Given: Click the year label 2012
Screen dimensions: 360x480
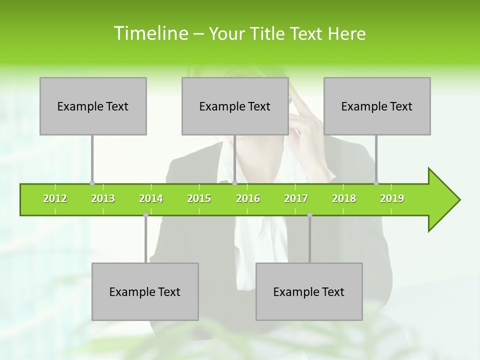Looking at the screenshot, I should [x=55, y=198].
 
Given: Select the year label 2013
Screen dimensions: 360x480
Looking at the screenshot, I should [x=103, y=198].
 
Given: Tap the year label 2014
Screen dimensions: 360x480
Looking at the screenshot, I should [x=151, y=198].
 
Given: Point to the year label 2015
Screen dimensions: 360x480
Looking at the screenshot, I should [x=199, y=198].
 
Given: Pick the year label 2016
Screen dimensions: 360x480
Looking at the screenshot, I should [x=248, y=198].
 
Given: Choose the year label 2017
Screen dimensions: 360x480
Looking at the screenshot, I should [x=296, y=198].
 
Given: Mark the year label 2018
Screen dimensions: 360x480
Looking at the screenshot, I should [x=344, y=198].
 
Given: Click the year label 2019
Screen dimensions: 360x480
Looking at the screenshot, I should [x=392, y=198].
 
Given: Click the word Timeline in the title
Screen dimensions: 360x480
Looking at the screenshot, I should [x=150, y=33].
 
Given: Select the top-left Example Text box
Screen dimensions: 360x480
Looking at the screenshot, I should [x=93, y=106].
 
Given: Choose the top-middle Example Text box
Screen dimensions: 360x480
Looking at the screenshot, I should [x=235, y=106].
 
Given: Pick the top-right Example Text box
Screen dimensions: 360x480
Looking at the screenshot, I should [x=377, y=106].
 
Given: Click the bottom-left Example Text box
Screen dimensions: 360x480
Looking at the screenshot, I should [x=145, y=291].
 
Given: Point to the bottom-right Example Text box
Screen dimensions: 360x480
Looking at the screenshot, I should [x=309, y=291].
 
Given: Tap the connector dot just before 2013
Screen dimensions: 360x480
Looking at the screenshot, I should [x=92, y=183].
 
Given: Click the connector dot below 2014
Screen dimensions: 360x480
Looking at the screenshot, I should [x=145, y=215].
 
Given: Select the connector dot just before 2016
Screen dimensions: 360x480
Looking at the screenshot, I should [x=234, y=183].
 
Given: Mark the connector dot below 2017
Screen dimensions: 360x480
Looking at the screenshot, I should [x=309, y=215].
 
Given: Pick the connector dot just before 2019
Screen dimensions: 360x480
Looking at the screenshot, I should [x=376, y=183].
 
